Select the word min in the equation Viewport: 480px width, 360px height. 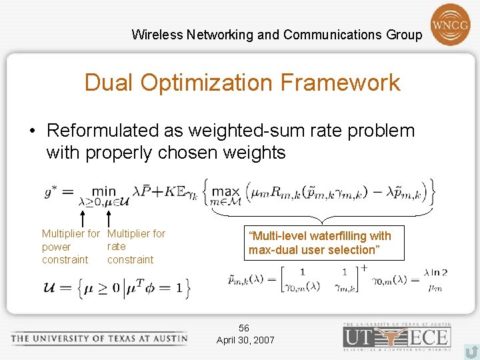tap(103, 191)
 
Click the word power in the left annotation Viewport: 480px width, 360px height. tap(56, 247)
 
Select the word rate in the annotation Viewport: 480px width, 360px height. tap(117, 247)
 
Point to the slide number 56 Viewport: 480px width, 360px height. tap(244, 328)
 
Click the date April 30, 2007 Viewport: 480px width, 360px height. tap(245, 340)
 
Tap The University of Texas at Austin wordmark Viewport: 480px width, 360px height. tap(99, 338)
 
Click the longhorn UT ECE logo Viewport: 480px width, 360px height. tap(397, 336)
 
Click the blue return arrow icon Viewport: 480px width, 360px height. tap(471, 350)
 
